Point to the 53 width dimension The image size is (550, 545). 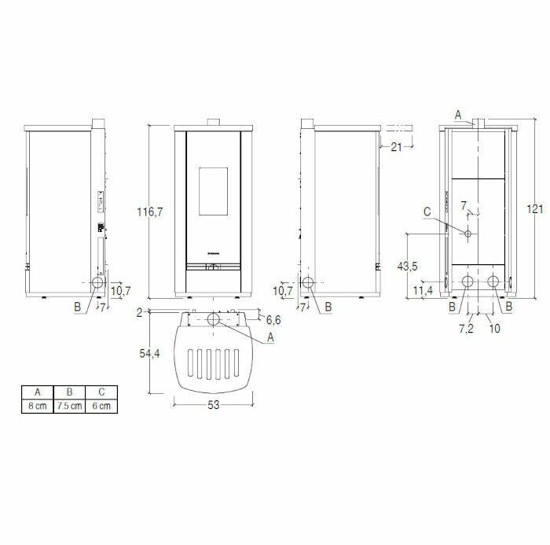click(214, 405)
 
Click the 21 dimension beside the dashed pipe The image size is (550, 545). click(395, 146)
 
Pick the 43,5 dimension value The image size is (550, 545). click(407, 267)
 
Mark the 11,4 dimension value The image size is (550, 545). click(422, 291)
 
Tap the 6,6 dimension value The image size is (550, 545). click(273, 319)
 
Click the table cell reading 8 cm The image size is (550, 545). click(36, 406)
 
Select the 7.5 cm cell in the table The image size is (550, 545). click(69, 406)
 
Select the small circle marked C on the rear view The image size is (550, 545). click(467, 234)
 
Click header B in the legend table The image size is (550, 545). click(69, 392)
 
